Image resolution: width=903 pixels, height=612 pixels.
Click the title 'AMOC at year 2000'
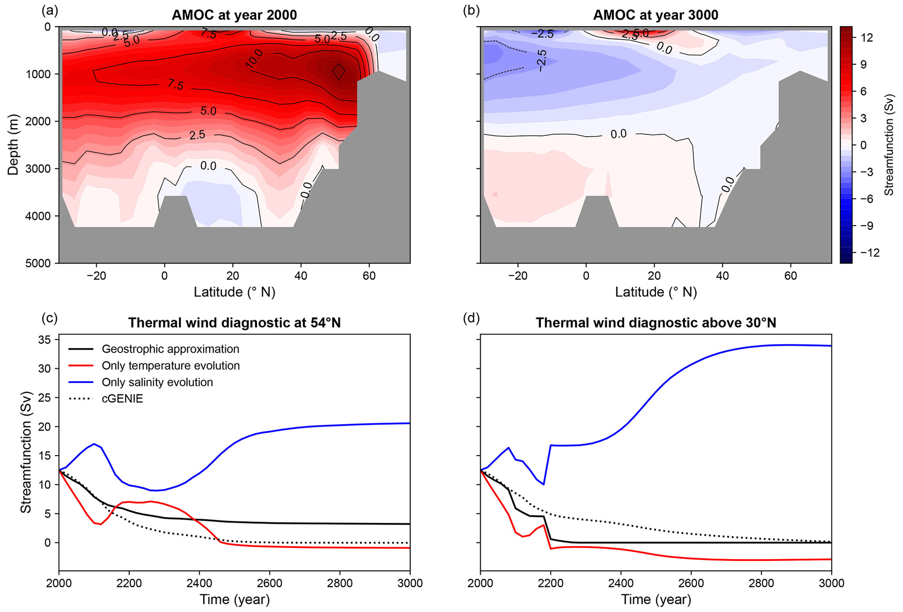point(234,15)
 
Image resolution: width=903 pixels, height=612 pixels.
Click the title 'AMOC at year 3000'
point(655,15)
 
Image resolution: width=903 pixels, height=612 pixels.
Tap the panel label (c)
point(49,318)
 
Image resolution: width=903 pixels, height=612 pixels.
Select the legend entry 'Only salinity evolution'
point(157,382)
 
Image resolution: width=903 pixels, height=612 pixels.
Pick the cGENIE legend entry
point(122,399)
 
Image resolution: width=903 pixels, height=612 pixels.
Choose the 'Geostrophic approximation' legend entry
point(170,349)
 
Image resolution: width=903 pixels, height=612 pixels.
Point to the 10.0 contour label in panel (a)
point(254,59)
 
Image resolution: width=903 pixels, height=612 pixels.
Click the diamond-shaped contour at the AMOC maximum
point(339,72)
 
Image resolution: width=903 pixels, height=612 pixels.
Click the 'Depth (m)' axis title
point(13,145)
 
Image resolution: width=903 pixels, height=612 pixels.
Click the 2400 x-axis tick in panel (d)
point(621,584)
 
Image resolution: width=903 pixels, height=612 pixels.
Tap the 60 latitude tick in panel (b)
point(791,276)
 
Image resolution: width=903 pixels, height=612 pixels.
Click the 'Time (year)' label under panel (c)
point(234,600)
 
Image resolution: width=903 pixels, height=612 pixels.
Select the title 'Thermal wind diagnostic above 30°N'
point(655,323)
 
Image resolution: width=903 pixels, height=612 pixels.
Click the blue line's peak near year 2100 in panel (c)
point(94,444)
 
